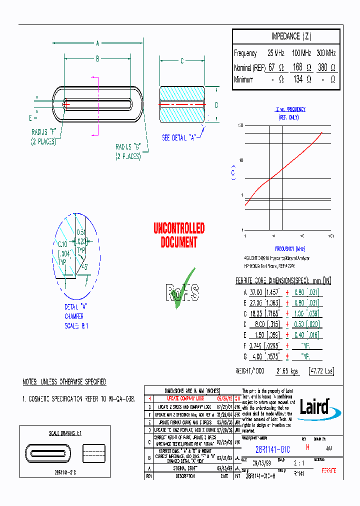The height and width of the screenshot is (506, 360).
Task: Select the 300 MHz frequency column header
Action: pyautogui.click(x=325, y=53)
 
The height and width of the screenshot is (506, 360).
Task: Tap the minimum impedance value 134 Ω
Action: pyautogui.click(x=301, y=79)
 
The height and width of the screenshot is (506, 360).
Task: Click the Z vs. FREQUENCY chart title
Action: pyautogui.click(x=290, y=109)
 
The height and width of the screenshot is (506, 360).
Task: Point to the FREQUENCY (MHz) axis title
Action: pyautogui.click(x=290, y=248)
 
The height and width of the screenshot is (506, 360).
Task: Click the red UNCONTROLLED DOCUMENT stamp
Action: pyautogui.click(x=179, y=235)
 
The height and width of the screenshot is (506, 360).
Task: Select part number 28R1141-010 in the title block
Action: pyautogui.click(x=269, y=449)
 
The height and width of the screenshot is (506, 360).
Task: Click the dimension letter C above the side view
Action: pyautogui.click(x=182, y=61)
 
